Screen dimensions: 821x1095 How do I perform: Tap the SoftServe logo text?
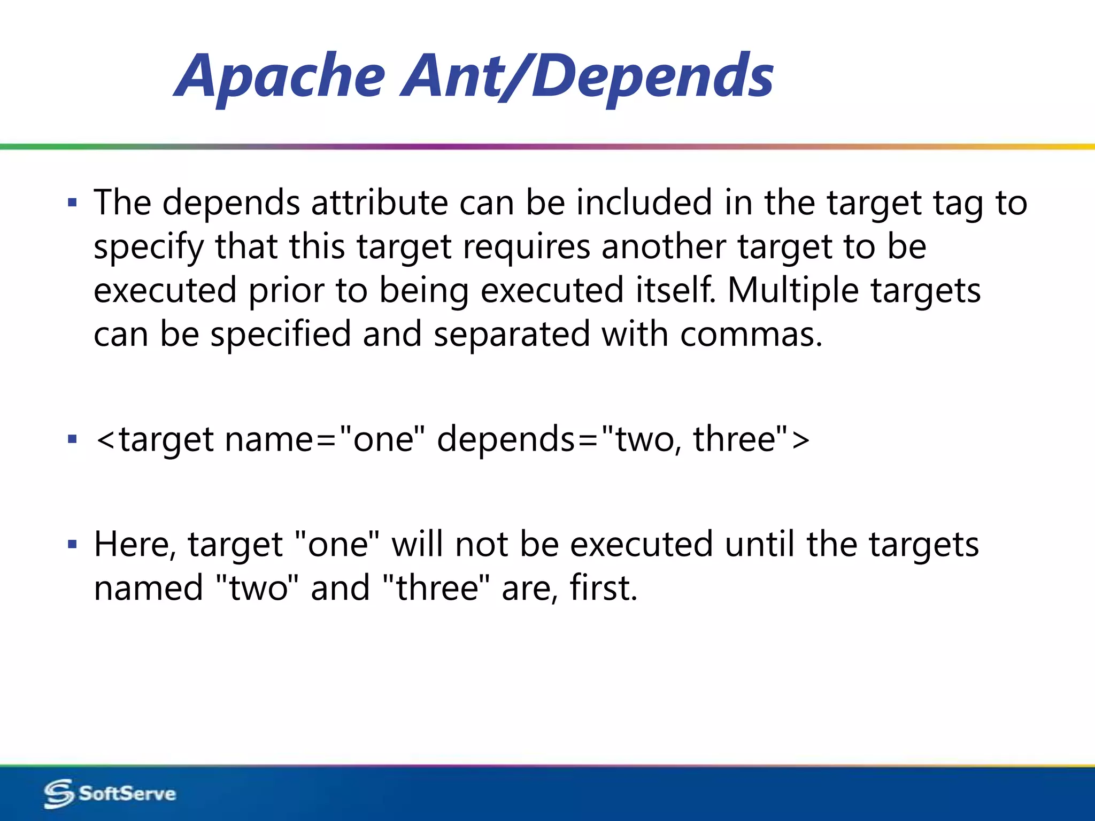127,793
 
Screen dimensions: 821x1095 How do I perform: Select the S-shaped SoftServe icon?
58,793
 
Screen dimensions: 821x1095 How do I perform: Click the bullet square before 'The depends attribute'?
73,203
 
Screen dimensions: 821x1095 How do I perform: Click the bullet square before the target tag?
73,439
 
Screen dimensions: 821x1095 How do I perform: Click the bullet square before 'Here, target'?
73,545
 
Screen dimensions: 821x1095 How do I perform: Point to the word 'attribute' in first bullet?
379,203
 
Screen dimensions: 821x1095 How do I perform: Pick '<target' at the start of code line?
156,439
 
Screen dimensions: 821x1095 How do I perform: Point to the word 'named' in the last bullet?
148,588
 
